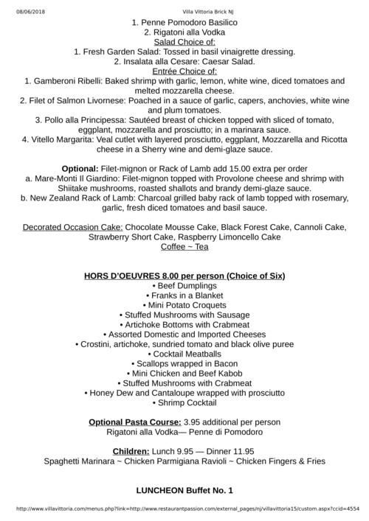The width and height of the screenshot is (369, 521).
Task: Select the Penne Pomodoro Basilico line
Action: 184,23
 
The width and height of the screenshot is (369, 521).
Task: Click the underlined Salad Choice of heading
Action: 184,42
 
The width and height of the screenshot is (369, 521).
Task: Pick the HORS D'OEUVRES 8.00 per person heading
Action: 184,276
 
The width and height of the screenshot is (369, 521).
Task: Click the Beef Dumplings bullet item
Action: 184,285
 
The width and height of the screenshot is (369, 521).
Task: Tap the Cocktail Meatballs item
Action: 184,353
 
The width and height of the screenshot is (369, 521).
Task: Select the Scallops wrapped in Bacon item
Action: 184,363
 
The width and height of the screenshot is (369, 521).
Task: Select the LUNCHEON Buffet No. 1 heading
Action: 184,489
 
